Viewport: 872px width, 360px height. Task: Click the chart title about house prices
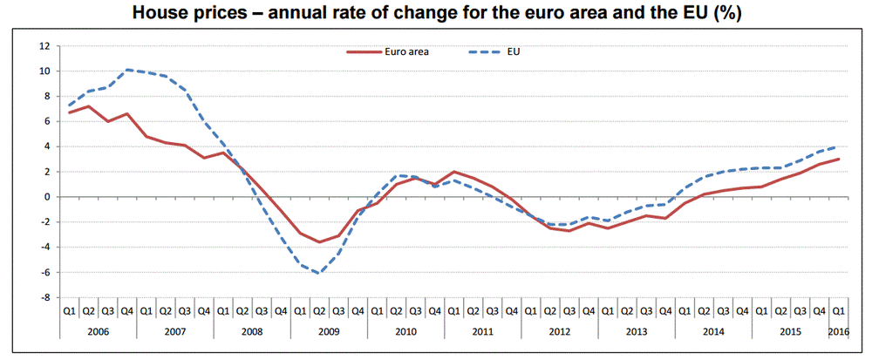click(x=436, y=13)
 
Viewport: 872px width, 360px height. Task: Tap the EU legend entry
click(x=514, y=51)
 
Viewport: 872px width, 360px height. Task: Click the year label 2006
click(x=99, y=331)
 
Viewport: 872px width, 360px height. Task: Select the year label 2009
click(x=329, y=331)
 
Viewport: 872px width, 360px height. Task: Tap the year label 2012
click(x=559, y=331)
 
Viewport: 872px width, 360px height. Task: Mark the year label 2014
click(x=712, y=331)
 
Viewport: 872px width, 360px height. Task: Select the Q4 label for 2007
click(x=204, y=309)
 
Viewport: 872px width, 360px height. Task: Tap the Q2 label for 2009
click(x=319, y=309)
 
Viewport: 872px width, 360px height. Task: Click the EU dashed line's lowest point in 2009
click(x=319, y=273)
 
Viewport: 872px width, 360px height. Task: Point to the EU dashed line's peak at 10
click(x=127, y=70)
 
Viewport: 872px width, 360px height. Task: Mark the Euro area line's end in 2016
click(x=838, y=159)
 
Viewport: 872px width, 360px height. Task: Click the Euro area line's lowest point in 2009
click(x=319, y=242)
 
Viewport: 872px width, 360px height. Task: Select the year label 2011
click(x=482, y=331)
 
